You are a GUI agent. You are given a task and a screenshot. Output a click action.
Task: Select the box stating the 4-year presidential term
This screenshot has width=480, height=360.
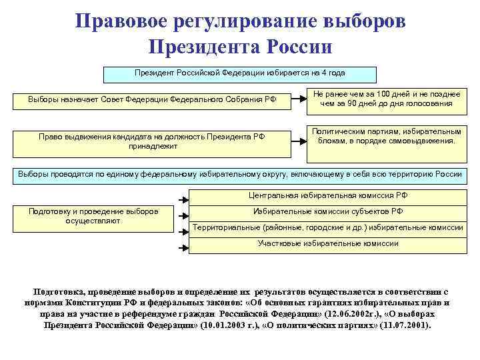point(239,73)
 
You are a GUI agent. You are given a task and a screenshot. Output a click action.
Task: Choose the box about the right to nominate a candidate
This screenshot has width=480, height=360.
point(153,141)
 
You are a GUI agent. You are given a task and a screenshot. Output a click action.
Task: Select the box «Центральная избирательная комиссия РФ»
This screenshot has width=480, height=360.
point(327,196)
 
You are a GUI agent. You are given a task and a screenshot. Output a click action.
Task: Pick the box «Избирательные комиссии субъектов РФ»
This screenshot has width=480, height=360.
point(327,211)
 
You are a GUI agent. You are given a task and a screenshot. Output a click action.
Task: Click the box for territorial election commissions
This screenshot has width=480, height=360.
point(327,227)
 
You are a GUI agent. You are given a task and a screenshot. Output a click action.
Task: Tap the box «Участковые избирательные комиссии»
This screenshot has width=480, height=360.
point(327,243)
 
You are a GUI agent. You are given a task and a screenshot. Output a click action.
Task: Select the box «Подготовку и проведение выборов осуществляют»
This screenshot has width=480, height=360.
point(93,216)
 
